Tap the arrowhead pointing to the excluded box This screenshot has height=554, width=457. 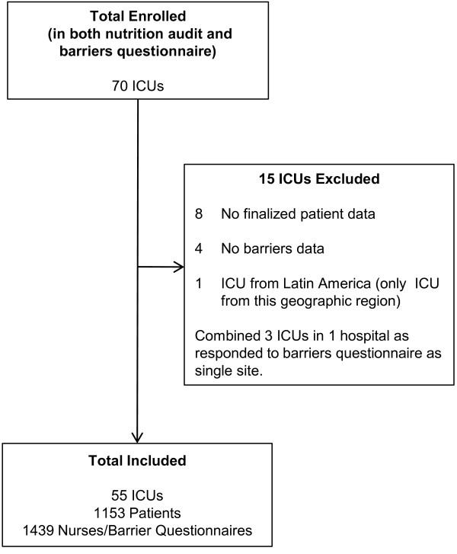[x=181, y=267]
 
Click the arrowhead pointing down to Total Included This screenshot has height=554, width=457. [x=138, y=437]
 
